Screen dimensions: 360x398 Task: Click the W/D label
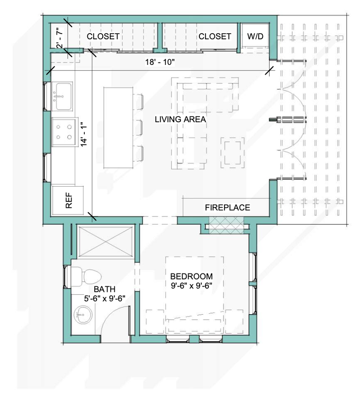pyautogui.click(x=255, y=36)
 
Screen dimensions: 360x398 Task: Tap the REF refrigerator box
pyautogui.click(x=68, y=200)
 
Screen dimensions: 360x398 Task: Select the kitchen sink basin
pyautogui.click(x=63, y=96)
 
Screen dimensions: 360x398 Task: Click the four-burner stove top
pyautogui.click(x=64, y=132)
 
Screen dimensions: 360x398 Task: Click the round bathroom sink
pyautogui.click(x=83, y=315)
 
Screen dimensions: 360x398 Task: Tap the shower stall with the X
pyautogui.click(x=106, y=241)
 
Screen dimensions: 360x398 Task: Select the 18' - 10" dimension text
pyautogui.click(x=160, y=62)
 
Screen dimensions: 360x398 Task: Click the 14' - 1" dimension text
pyautogui.click(x=84, y=135)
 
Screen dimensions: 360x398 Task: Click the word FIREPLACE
pyautogui.click(x=227, y=208)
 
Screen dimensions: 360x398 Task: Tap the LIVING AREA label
pyautogui.click(x=180, y=119)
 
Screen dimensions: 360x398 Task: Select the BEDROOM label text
pyautogui.click(x=191, y=276)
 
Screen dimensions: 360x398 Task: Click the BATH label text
pyautogui.click(x=105, y=289)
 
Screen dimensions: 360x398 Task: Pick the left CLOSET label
pyautogui.click(x=103, y=36)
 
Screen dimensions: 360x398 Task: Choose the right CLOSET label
pyautogui.click(x=215, y=36)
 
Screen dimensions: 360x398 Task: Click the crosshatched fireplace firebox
pyautogui.click(x=226, y=225)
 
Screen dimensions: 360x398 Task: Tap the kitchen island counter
pyautogui.click(x=118, y=127)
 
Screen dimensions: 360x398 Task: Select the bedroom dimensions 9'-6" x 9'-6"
pyautogui.click(x=191, y=286)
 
